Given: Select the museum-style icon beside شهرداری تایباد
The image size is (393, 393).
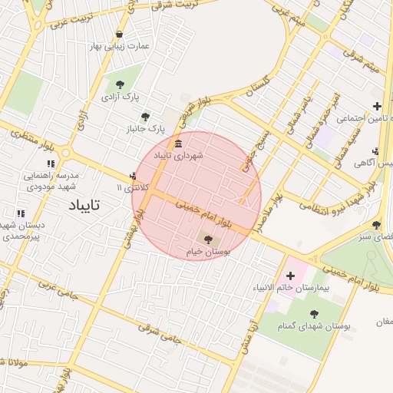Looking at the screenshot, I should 178,144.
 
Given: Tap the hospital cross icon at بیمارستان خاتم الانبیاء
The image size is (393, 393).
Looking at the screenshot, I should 290,275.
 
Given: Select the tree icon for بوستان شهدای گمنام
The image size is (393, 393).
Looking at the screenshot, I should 314,313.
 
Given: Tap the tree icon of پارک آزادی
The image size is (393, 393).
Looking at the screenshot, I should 119,84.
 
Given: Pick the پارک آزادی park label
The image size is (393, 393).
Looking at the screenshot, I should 119,97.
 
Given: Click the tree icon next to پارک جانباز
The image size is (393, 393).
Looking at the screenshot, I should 145,117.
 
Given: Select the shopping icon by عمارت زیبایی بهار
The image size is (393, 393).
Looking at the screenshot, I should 119,34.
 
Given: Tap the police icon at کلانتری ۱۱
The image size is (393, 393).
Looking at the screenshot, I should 135,176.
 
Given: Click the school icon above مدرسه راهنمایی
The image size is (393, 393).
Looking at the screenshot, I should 51,163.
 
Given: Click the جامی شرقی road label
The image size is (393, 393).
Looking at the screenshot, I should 158,332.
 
